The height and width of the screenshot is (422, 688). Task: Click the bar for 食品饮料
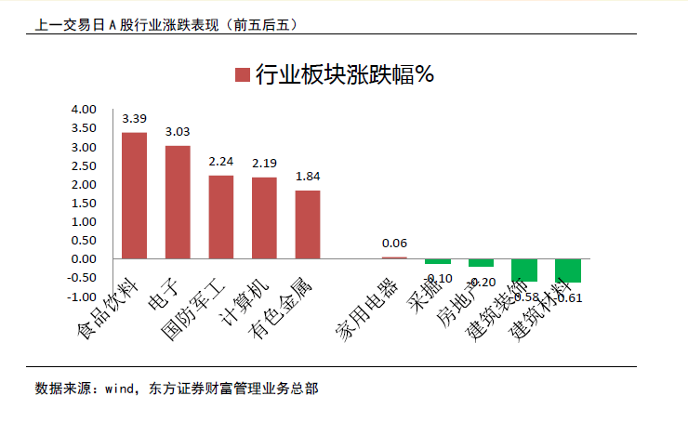(134, 195)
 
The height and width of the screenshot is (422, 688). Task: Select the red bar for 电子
(178, 202)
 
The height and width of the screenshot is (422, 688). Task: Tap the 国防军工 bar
(221, 217)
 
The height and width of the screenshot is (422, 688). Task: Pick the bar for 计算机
(264, 218)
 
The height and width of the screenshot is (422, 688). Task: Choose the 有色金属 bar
(308, 224)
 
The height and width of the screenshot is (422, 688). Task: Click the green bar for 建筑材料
(567, 270)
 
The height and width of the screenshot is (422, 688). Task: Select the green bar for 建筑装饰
(524, 270)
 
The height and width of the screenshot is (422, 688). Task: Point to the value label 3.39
(134, 118)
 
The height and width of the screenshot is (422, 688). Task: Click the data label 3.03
(178, 132)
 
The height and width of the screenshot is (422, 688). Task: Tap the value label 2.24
(221, 161)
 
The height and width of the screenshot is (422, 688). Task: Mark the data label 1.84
(308, 176)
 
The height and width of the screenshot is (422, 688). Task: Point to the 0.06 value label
(394, 243)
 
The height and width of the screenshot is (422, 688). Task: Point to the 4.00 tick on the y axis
(84, 110)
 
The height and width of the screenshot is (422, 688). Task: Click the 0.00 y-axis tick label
(84, 259)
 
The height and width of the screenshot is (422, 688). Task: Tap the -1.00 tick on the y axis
(82, 297)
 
